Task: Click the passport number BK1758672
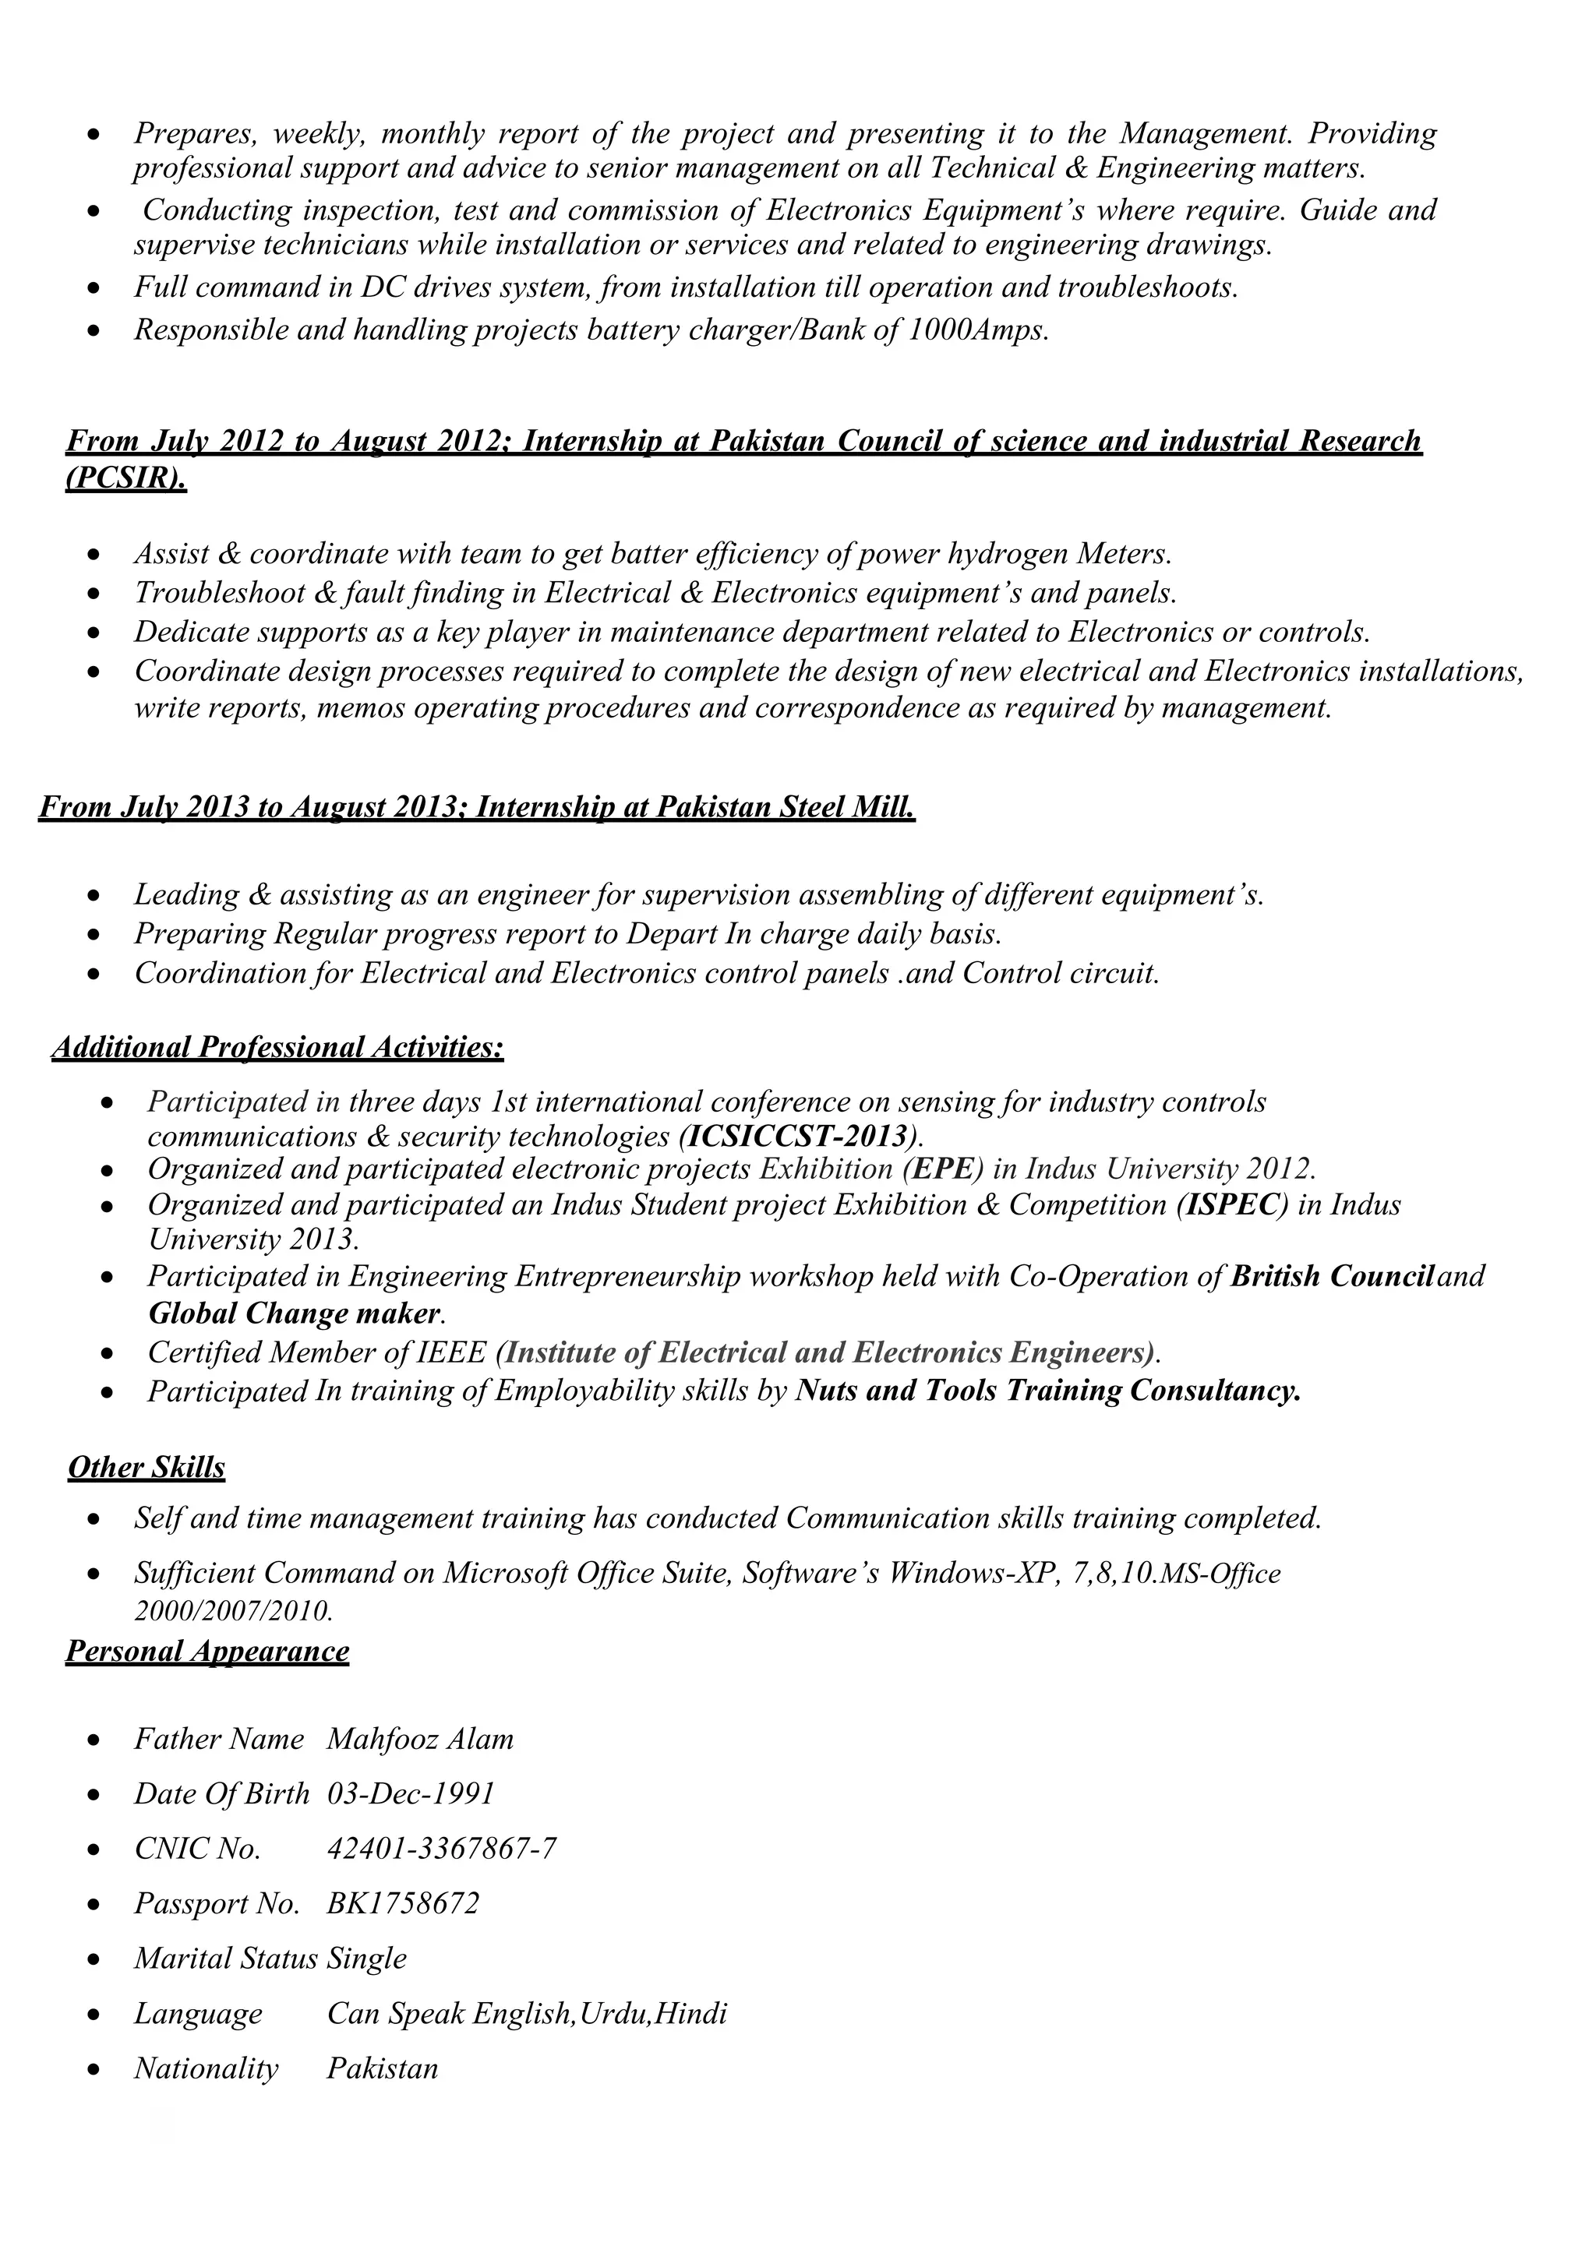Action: point(403,1904)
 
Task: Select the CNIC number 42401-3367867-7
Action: point(441,1849)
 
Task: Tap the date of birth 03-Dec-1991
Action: point(411,1794)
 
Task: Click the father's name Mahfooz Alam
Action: point(419,1739)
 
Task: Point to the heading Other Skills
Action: point(147,1468)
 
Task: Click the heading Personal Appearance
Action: point(207,1651)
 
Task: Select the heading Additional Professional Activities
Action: point(278,1047)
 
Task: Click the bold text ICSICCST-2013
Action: point(798,1137)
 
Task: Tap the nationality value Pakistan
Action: point(383,2068)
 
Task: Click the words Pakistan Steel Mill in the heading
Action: point(784,808)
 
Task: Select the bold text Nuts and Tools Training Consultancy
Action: point(1047,1391)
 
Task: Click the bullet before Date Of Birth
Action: point(94,1795)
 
